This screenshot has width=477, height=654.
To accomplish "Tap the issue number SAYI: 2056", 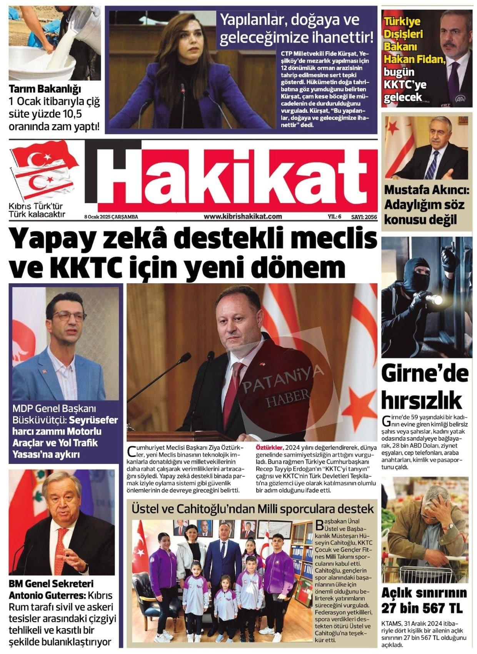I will click(x=364, y=217).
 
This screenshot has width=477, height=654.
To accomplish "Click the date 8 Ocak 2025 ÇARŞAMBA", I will click(x=111, y=217).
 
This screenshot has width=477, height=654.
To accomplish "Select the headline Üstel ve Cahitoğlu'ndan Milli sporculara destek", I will click(x=253, y=509).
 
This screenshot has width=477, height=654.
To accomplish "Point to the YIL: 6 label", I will click(x=334, y=217).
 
